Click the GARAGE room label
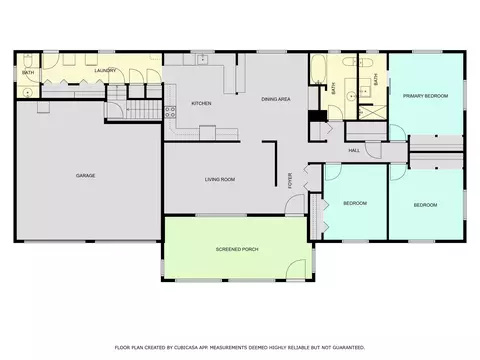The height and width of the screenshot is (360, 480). (85, 175)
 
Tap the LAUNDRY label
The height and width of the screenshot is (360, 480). (105, 70)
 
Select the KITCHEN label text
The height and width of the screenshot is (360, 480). (201, 103)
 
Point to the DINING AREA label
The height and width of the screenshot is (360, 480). (276, 99)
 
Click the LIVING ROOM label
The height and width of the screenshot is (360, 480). (220, 179)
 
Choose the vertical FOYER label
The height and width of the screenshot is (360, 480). (290, 181)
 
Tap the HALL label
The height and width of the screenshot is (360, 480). (354, 150)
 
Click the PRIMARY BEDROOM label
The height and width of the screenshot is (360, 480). (425, 96)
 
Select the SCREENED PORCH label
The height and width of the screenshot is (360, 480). (237, 249)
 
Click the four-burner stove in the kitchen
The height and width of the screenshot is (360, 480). (170, 112)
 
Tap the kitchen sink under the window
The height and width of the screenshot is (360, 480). (202, 59)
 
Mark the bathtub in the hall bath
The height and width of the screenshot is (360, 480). (318, 69)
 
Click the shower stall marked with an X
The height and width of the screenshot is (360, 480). (373, 112)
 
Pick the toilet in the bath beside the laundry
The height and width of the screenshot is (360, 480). (27, 60)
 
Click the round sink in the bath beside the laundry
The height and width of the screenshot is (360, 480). (27, 92)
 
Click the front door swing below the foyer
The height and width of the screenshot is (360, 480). (295, 204)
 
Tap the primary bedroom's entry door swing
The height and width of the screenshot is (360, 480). (397, 133)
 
